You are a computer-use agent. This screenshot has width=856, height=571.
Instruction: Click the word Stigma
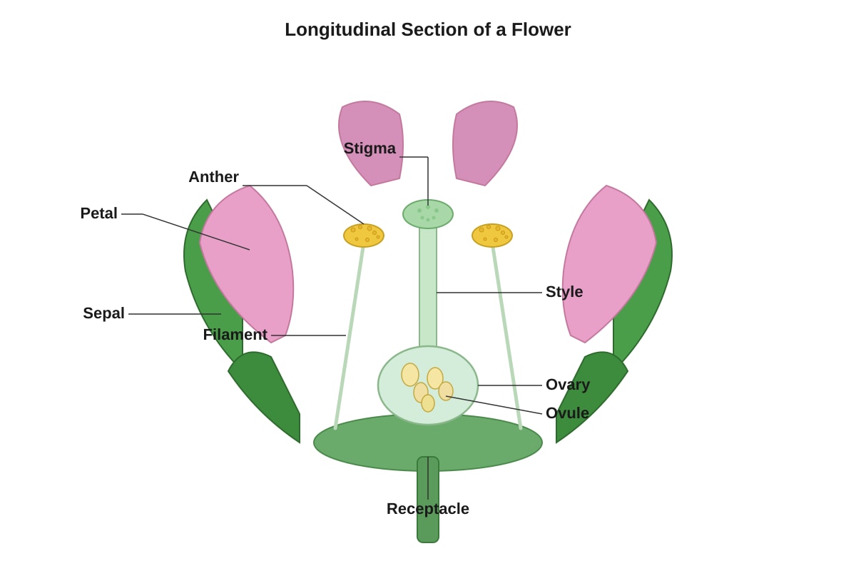coord(370,148)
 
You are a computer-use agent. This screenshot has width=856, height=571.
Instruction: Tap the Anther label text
coord(213,177)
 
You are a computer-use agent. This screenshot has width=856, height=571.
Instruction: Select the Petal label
coord(98,213)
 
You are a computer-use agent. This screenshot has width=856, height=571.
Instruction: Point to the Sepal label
coord(103,313)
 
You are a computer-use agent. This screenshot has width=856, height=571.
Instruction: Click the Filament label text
coord(235,335)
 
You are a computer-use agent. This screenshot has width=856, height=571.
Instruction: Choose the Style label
coord(564,292)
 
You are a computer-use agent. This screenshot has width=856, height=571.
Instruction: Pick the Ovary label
coord(568,385)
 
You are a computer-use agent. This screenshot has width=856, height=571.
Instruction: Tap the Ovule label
coord(567,413)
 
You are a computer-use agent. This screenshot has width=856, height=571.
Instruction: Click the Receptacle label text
coord(427,509)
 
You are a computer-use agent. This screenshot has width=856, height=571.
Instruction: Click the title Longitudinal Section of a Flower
coord(427,30)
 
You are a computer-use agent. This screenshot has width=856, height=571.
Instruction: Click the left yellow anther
coord(363,236)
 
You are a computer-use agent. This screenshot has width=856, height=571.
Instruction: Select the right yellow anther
coord(491,236)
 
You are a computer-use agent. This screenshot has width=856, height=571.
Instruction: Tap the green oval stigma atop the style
coord(427,214)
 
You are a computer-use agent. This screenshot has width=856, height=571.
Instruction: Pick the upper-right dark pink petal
coord(484,142)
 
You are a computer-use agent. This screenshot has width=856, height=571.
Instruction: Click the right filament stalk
coord(506,338)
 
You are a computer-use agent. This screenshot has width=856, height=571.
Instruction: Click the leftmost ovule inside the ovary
coord(409,375)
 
